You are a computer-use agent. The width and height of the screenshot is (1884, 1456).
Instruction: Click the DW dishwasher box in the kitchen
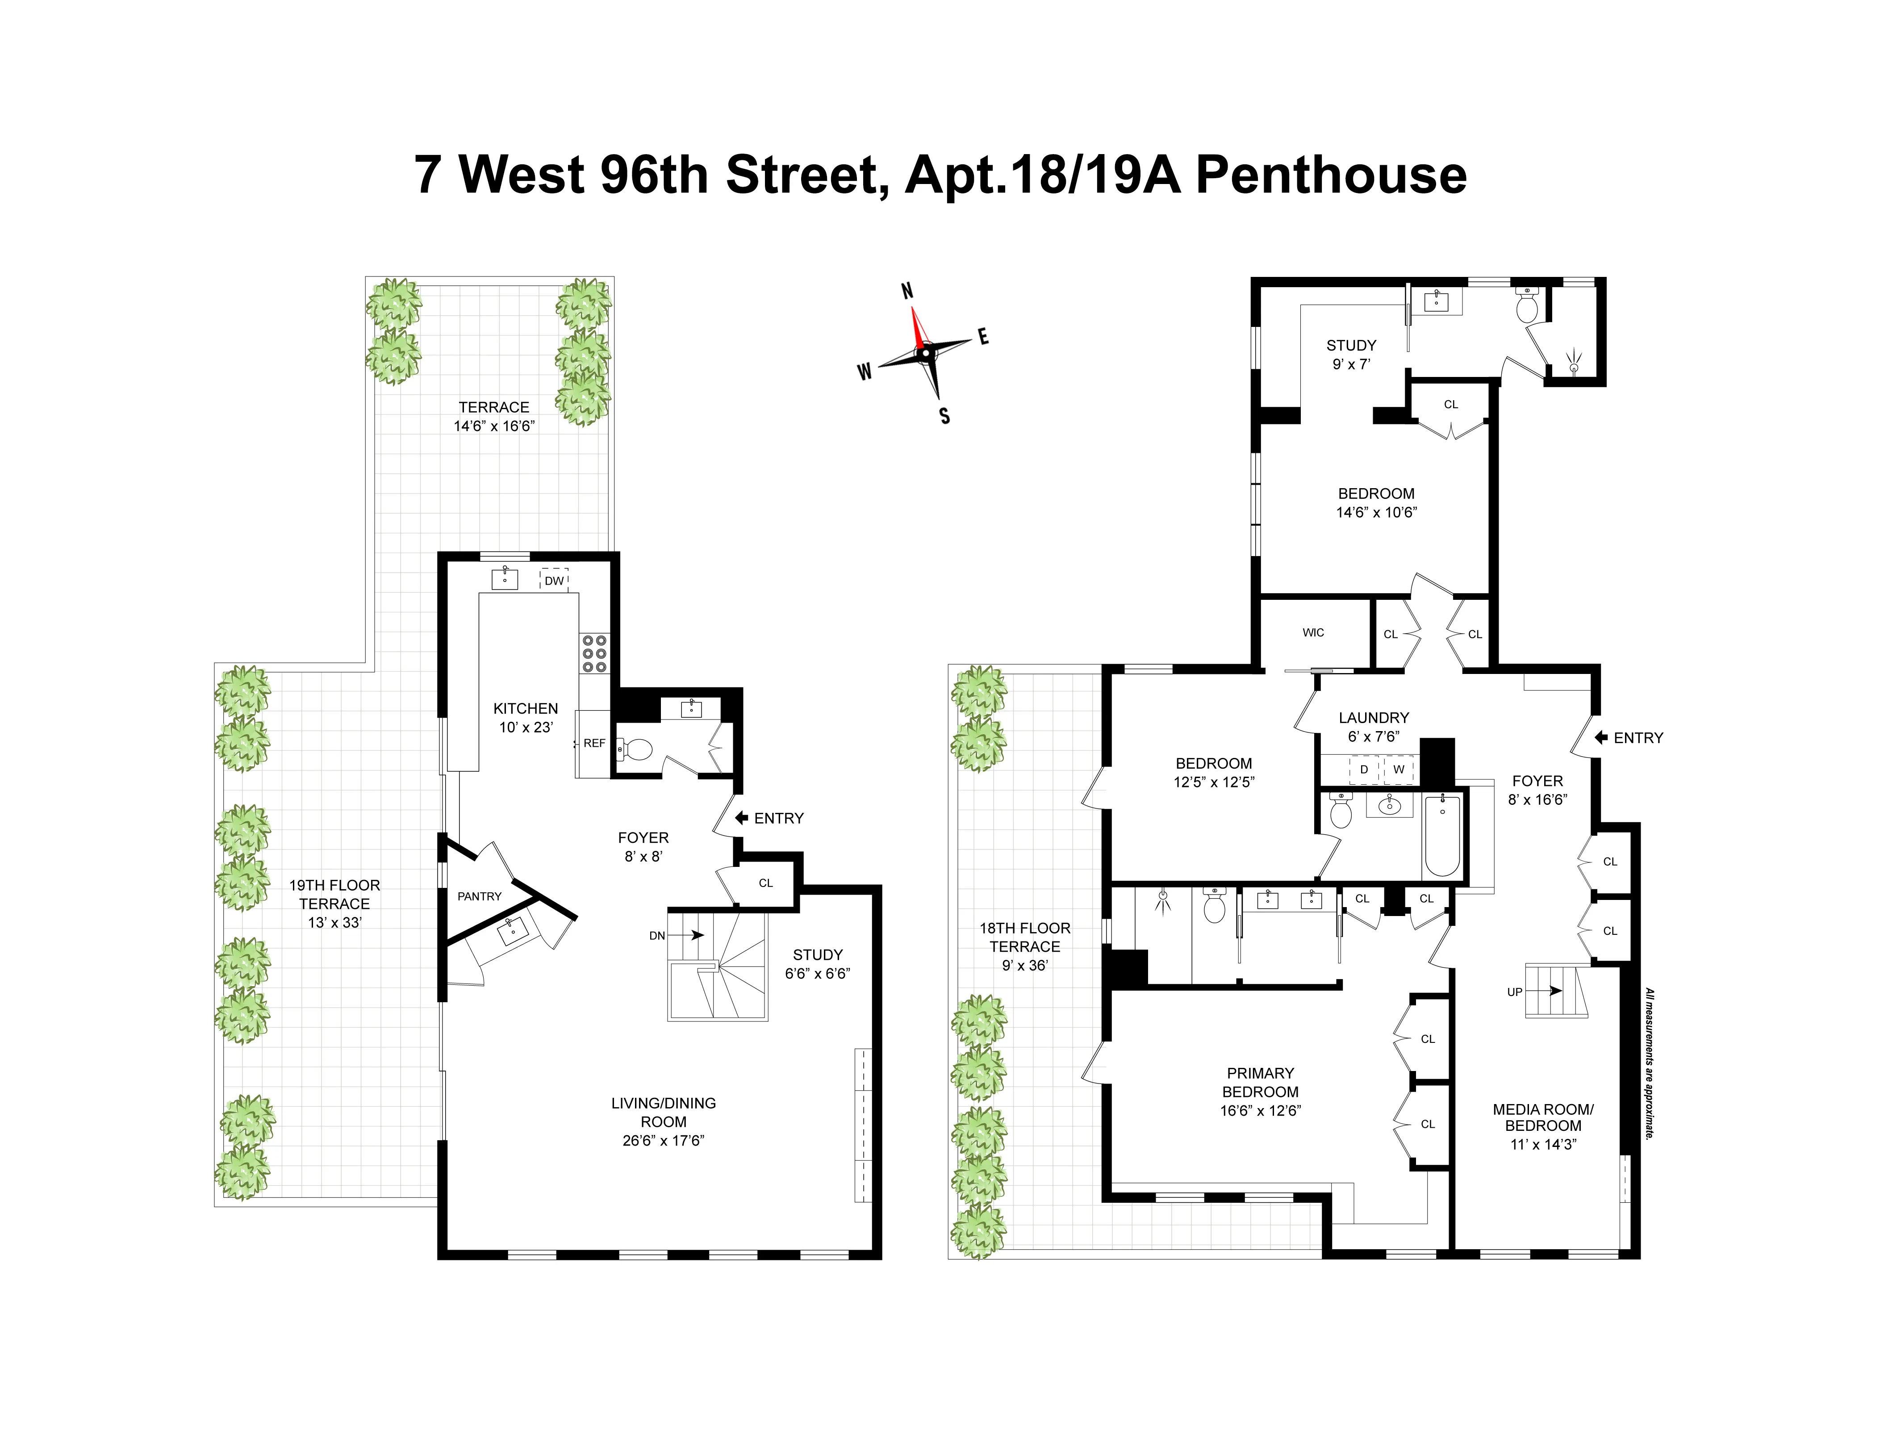point(554,581)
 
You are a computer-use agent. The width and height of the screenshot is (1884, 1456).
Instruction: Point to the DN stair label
point(657,936)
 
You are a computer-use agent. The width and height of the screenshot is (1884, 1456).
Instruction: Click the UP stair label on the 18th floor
point(1515,992)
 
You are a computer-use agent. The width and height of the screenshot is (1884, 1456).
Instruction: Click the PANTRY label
point(480,896)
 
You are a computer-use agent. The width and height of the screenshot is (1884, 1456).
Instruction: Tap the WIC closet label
point(1313,632)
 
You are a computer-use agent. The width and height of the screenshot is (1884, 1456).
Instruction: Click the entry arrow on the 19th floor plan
point(741,818)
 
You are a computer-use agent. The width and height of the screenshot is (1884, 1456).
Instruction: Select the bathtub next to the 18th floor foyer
point(1442,834)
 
